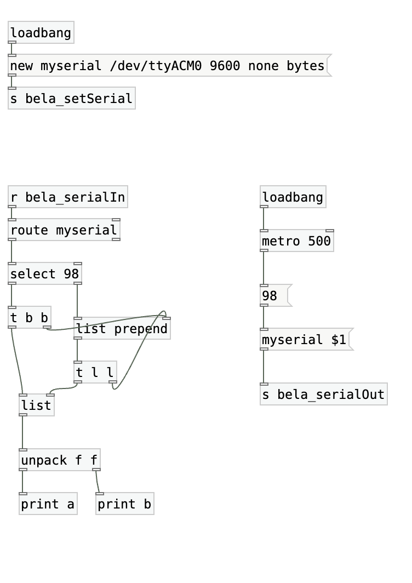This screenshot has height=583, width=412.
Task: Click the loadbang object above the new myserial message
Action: click(x=41, y=33)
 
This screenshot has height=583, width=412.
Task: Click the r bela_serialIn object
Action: click(x=68, y=197)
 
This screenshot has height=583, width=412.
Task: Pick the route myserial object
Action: click(x=64, y=230)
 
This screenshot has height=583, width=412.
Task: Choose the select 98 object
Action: click(x=45, y=274)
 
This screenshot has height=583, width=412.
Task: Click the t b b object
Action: click(x=30, y=318)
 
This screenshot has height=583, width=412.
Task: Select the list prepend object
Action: click(x=122, y=329)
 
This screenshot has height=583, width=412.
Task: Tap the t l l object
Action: click(x=95, y=373)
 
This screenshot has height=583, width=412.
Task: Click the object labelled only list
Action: click(x=36, y=405)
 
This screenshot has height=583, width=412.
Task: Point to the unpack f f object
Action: click(x=59, y=460)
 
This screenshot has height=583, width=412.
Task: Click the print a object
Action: click(x=48, y=504)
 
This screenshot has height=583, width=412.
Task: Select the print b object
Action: click(x=124, y=504)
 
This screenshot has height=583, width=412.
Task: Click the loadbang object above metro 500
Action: click(x=293, y=197)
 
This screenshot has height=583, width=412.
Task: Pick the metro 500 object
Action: click(x=296, y=241)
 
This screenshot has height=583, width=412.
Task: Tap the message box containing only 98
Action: click(x=274, y=296)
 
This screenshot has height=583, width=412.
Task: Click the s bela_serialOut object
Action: click(x=323, y=395)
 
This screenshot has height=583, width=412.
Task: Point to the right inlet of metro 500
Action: click(x=330, y=231)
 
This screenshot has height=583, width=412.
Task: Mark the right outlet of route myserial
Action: click(x=116, y=239)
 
